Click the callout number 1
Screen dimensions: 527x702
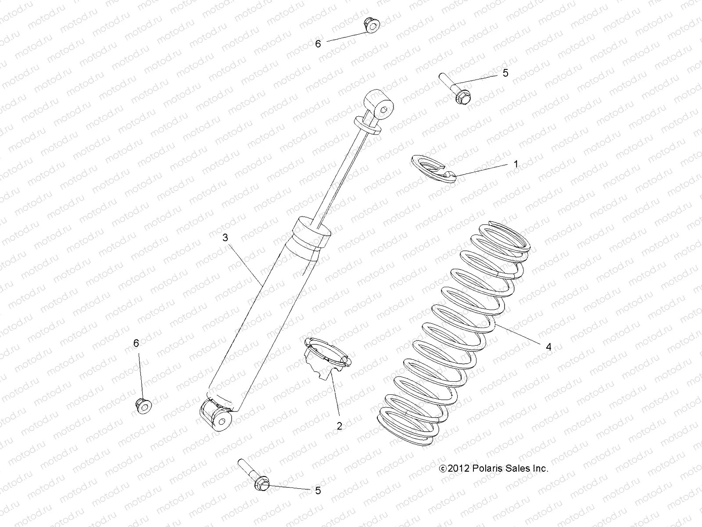coord(516,164)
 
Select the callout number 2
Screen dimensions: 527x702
coord(339,426)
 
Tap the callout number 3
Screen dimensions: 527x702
coord(225,238)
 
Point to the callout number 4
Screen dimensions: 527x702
coord(548,347)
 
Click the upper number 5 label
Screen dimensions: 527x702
coord(505,73)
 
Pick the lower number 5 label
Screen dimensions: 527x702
coord(318,491)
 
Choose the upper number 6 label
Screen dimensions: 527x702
coord(318,43)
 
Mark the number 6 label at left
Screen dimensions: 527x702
coord(136,343)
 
